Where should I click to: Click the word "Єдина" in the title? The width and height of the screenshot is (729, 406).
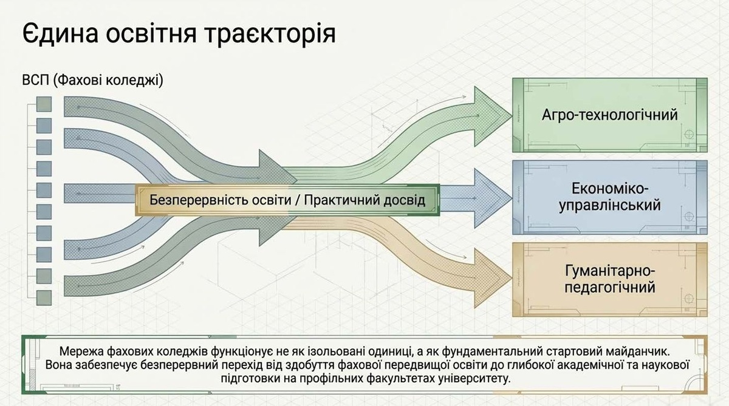pyautogui.click(x=57, y=33)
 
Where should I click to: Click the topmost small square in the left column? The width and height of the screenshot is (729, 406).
pyautogui.click(x=44, y=104)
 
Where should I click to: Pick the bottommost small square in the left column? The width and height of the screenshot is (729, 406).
pyautogui.click(x=44, y=297)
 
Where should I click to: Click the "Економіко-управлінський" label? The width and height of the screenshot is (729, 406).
pyautogui.click(x=609, y=196)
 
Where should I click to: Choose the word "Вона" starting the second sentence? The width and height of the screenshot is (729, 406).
pyautogui.click(x=60, y=365)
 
